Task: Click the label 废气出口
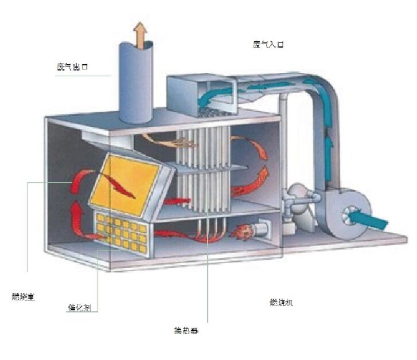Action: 72,66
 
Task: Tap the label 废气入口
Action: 268,44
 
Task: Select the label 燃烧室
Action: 23,296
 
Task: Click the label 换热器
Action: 186,331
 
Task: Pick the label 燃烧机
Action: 281,302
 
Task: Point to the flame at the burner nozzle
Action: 240,231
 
